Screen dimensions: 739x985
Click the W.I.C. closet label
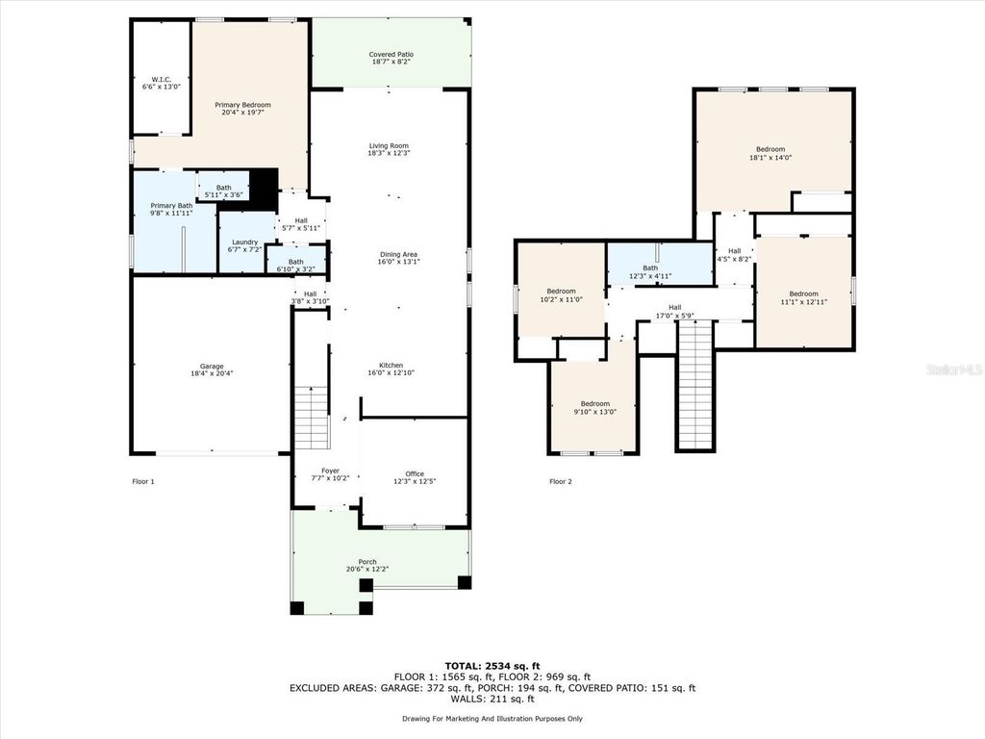click(x=160, y=80)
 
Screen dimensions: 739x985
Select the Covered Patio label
click(x=391, y=54)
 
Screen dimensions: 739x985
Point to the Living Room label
click(x=389, y=146)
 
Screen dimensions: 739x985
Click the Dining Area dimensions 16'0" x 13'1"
click(x=398, y=261)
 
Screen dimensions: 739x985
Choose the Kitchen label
click(x=391, y=366)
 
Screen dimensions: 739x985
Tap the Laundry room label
click(x=244, y=242)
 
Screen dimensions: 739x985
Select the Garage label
click(x=212, y=366)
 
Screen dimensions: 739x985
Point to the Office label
click(x=415, y=473)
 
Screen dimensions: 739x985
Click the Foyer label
click(x=330, y=471)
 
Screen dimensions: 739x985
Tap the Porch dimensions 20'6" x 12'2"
click(x=367, y=569)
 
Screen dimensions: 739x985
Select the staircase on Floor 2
click(x=695, y=385)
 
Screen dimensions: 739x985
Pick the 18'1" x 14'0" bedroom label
click(x=770, y=149)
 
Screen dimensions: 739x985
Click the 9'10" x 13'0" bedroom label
click(x=594, y=404)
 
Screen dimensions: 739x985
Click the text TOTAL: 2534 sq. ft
click(x=492, y=665)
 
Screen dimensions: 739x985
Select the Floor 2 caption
click(x=561, y=481)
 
